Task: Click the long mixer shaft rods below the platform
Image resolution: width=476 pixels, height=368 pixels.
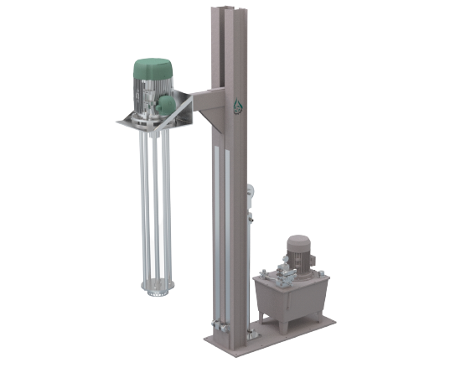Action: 156,210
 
